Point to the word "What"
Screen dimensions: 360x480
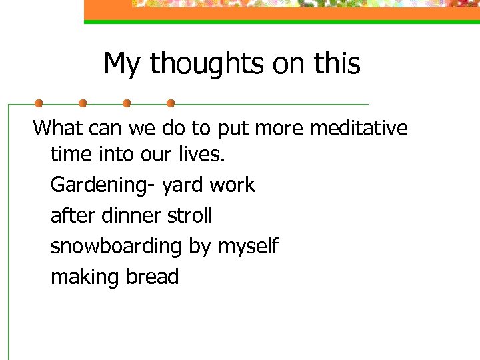tap(57, 127)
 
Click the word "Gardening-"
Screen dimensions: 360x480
tap(104, 185)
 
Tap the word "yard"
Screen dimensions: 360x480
tap(182, 185)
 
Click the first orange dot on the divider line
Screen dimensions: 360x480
tap(39, 103)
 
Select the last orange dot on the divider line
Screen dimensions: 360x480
tap(171, 103)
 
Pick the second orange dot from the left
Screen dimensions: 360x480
tap(83, 103)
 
